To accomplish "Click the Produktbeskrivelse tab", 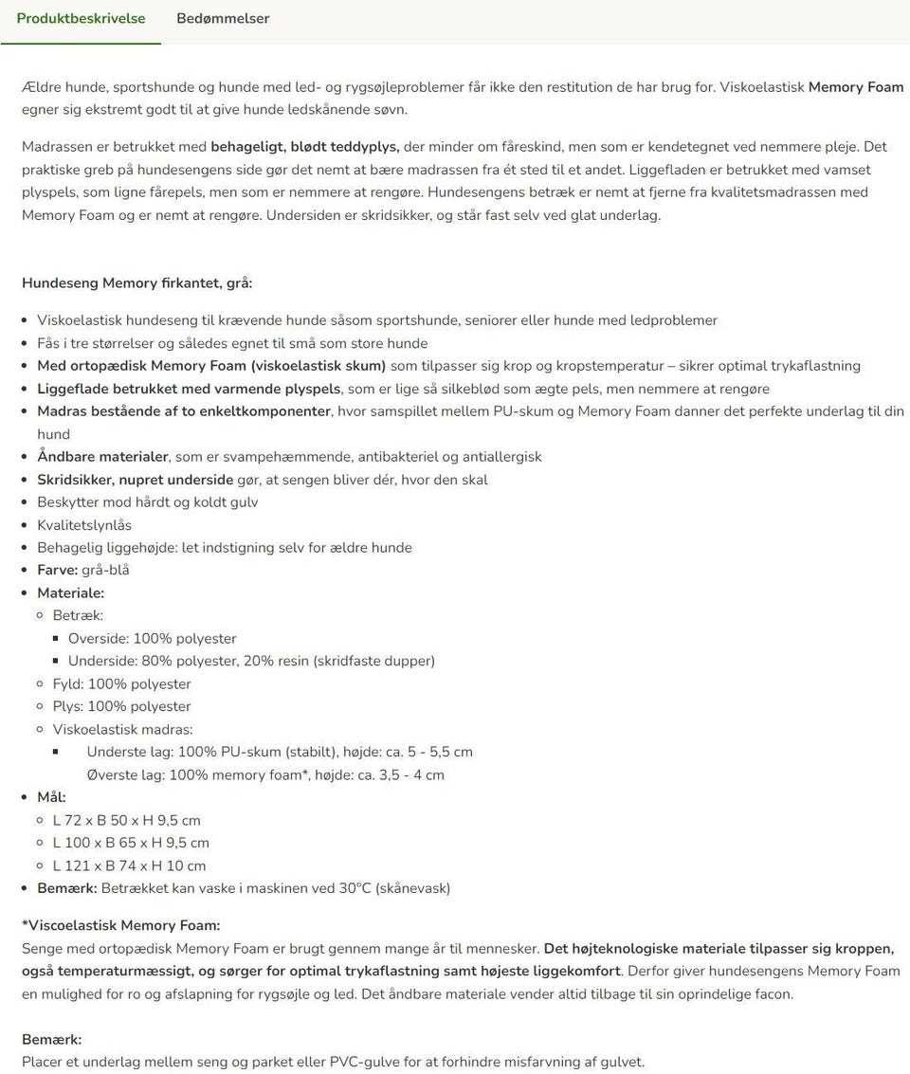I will (81, 19).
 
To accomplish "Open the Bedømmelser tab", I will (223, 19).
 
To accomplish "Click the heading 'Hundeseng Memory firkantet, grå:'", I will (137, 283).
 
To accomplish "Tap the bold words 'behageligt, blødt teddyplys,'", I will (305, 147).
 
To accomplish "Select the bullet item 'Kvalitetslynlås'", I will (84, 525).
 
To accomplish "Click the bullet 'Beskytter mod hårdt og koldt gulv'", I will (147, 502).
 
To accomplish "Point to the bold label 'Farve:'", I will (57, 571).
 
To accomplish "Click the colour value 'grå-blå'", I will (105, 571).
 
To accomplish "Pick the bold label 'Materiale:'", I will (70, 593).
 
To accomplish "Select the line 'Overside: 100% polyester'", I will (152, 639).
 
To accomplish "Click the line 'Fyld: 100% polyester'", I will (121, 684).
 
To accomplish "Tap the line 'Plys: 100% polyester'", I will (121, 707).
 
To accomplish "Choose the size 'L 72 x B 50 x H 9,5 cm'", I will (126, 821).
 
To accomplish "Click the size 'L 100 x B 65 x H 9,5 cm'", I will (131, 844).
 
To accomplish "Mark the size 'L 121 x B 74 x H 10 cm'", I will (129, 866).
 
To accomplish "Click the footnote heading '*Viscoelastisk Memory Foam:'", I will (120, 926).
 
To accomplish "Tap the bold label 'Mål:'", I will (51, 798).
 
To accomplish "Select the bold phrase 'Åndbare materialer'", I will (102, 457).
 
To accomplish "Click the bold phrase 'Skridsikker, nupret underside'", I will (135, 480).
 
